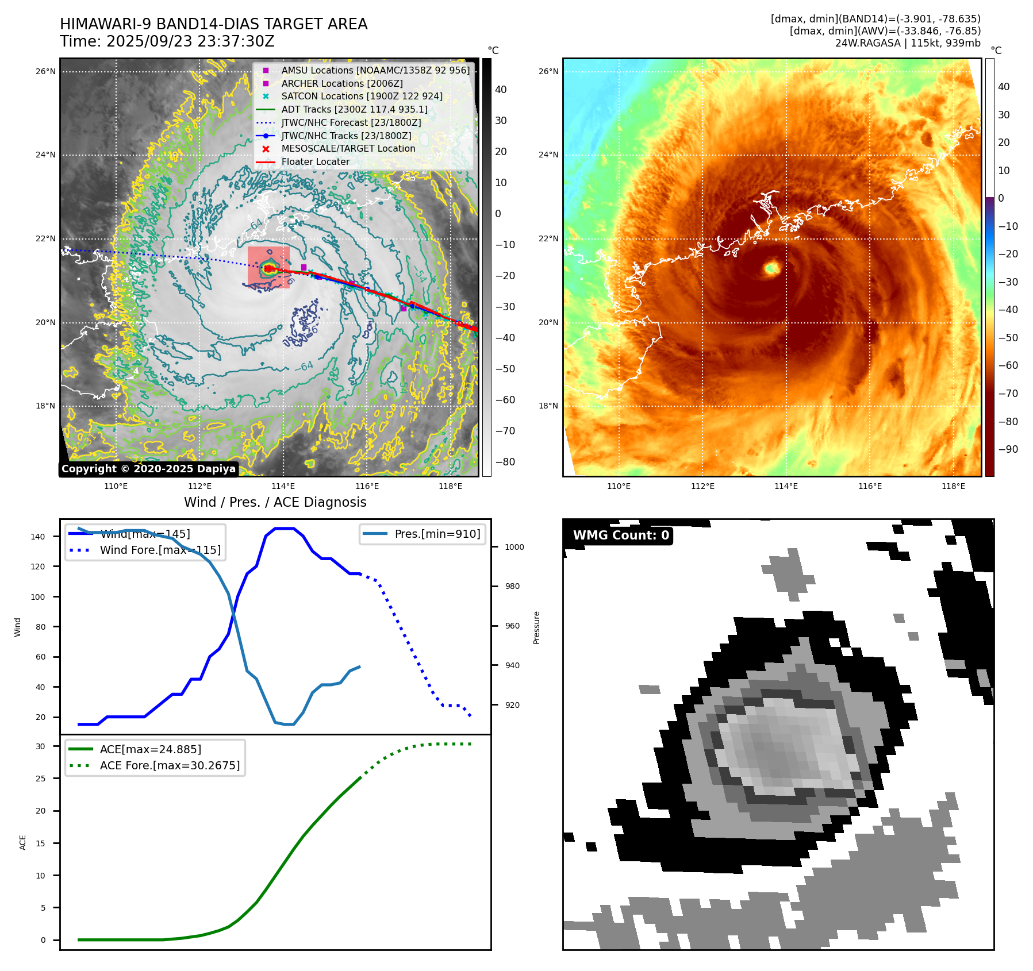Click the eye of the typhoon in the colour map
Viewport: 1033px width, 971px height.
pos(771,268)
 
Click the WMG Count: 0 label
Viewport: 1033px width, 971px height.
pos(621,535)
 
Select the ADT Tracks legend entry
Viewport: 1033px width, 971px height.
pos(354,109)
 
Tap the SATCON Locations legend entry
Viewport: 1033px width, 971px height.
pos(362,96)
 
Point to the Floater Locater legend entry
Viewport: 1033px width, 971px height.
pos(315,162)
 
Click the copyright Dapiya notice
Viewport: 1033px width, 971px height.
pos(148,469)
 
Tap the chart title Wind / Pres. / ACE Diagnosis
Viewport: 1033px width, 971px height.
pos(275,502)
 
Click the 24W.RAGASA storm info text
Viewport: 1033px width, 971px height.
pos(907,43)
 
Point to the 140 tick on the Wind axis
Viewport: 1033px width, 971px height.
pos(38,537)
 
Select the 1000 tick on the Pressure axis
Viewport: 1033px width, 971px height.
pos(514,547)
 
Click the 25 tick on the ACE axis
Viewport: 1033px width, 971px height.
pos(40,779)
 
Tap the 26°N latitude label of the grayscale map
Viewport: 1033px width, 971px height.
pos(45,72)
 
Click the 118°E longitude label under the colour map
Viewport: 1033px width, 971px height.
pos(953,486)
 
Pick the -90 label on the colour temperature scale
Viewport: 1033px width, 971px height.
pos(1008,449)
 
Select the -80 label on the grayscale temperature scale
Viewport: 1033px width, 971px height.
pos(505,462)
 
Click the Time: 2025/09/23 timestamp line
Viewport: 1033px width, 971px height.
pos(167,42)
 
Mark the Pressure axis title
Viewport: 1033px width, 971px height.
pos(536,627)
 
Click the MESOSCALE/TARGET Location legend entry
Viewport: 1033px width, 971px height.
pos(348,149)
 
